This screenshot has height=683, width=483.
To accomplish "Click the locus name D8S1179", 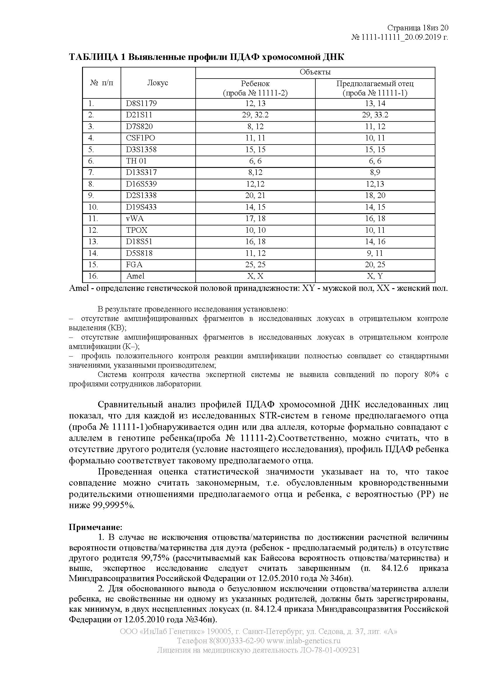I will [x=141, y=104].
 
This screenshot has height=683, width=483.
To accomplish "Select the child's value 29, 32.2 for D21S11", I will [x=255, y=115].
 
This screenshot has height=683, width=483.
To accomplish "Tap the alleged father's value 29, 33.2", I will [x=375, y=115].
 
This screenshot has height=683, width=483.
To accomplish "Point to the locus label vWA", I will [x=135, y=219].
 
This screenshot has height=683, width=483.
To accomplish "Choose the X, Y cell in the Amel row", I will [x=375, y=276].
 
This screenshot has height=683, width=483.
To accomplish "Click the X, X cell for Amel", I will [x=255, y=276].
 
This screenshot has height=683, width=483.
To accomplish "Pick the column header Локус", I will [x=158, y=83].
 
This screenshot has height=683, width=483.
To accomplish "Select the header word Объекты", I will [x=315, y=72].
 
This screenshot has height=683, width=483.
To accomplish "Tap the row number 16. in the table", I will [x=93, y=276].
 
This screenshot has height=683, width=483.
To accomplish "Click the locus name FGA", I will [x=134, y=265].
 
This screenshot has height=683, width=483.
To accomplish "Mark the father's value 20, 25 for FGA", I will [x=375, y=265].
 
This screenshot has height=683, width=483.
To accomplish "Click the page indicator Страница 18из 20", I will [x=418, y=28].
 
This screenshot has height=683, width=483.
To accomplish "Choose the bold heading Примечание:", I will [x=95, y=527].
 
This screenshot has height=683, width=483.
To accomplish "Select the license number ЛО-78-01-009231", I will [x=329, y=650].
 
